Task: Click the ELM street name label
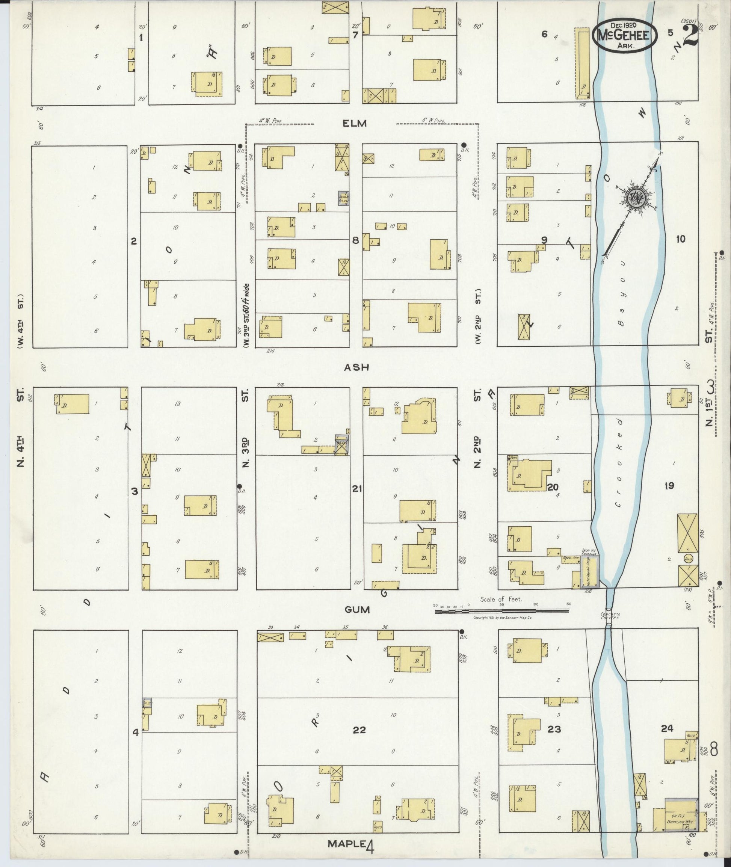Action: coord(355,123)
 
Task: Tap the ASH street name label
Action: coord(356,367)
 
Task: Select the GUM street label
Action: coord(357,609)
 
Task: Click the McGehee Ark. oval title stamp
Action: coord(625,36)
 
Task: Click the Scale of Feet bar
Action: coord(501,610)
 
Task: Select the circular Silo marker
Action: coord(688,559)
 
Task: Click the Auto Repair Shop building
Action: coord(590,572)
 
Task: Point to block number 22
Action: coord(359,730)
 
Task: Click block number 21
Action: coord(357,489)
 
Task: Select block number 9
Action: coord(544,240)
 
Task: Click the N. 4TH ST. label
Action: coord(20,427)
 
